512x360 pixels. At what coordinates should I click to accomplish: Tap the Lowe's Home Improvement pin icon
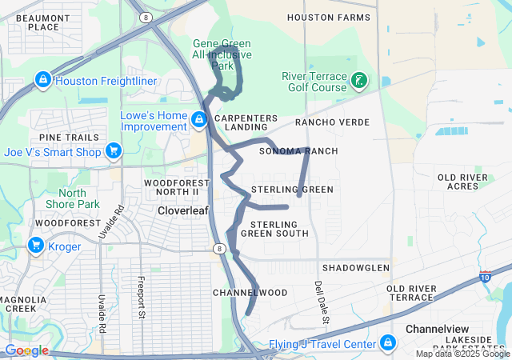[x=198, y=120]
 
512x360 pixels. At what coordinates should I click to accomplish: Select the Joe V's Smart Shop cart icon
[x=114, y=150]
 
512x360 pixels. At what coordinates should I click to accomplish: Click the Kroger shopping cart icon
[x=36, y=246]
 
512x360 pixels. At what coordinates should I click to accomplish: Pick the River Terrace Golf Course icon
[x=359, y=81]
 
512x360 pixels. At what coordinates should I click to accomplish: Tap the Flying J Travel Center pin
[x=388, y=343]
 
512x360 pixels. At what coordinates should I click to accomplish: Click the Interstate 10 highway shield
[x=485, y=276]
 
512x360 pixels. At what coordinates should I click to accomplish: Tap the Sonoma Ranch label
[x=298, y=151]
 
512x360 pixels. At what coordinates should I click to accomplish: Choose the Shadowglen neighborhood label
[x=355, y=267]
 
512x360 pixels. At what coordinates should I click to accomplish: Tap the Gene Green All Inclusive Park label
[x=222, y=49]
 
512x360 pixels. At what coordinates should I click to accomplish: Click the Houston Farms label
[x=331, y=17]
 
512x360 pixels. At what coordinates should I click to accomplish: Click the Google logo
[x=26, y=350]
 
